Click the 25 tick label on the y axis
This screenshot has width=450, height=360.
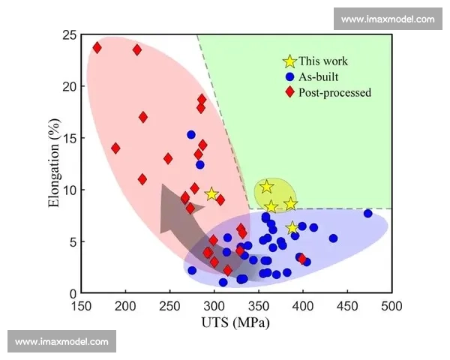[x=70, y=35]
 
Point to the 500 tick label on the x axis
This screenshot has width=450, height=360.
[x=391, y=306]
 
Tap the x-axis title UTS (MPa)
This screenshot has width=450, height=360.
[x=235, y=322]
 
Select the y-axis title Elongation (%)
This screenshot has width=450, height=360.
[x=54, y=163]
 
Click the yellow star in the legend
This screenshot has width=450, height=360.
[x=289, y=61]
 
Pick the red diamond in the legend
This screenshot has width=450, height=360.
[x=290, y=92]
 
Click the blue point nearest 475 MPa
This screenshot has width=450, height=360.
[x=367, y=214]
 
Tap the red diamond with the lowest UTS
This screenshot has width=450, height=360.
[x=97, y=48]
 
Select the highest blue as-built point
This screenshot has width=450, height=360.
[x=191, y=135]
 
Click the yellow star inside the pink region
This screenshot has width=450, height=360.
[x=211, y=194]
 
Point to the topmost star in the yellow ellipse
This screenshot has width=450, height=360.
[x=266, y=187]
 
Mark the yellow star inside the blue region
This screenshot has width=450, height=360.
[x=292, y=228]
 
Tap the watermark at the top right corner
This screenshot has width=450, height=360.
[x=388, y=19]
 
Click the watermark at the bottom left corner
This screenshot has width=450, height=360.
[x=61, y=342]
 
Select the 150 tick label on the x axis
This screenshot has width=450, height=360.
[x=82, y=306]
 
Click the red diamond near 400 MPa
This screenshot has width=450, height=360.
[x=302, y=259]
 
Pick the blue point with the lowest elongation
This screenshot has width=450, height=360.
[x=223, y=283]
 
